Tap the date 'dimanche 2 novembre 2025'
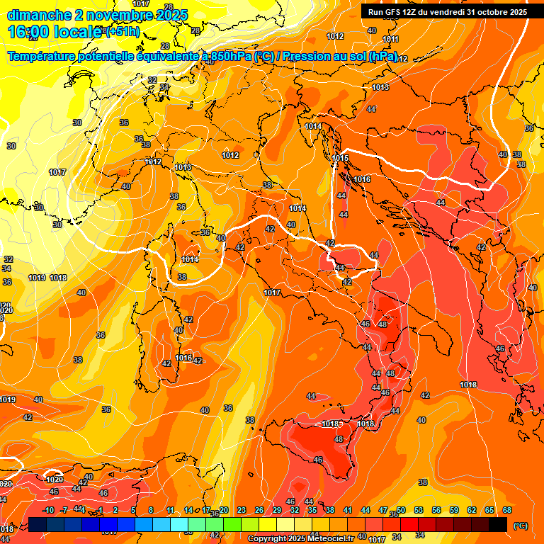point(98,15)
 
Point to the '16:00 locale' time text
point(54,31)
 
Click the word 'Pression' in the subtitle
point(313,56)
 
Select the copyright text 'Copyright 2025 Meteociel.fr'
point(300,539)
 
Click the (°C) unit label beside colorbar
point(521,526)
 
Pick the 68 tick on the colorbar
point(507,510)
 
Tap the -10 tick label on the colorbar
point(48,510)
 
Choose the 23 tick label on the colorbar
point(242,510)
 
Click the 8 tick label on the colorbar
point(151,510)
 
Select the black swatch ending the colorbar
point(498,525)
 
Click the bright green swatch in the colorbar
point(232,525)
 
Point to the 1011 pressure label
point(391,39)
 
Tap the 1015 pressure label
point(340,158)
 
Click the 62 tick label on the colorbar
point(472,510)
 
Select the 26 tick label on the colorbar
point(259,510)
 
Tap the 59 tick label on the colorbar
point(454,510)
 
